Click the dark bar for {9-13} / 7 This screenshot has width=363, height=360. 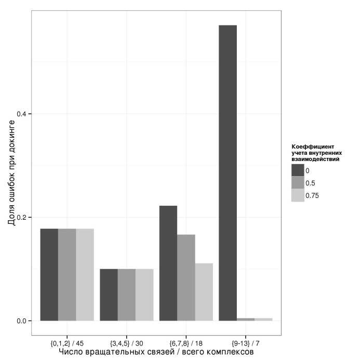coord(227,172)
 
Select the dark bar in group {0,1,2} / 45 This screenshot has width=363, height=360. coord(49,274)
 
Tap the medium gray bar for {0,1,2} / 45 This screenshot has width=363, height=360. coord(67,274)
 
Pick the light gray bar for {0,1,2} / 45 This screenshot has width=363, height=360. coord(85,274)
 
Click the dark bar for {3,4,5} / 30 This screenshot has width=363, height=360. coord(109,295)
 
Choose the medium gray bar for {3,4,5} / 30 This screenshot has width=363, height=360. coord(126,295)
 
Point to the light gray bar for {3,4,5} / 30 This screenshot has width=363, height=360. coord(144,295)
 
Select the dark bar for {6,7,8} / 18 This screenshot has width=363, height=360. coord(168,263)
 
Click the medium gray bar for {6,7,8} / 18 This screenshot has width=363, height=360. coord(186,277)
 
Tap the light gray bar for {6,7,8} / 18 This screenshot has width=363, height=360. coord(204,292)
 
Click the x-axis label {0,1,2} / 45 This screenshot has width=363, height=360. coord(67,343)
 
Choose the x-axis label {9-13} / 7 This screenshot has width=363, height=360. coord(246,343)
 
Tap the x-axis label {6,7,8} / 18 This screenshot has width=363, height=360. coord(186,343)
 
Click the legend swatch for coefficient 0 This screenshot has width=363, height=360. coord(297,170)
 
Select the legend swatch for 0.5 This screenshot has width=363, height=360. coord(297,183)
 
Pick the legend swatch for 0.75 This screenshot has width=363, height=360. coord(297,195)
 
